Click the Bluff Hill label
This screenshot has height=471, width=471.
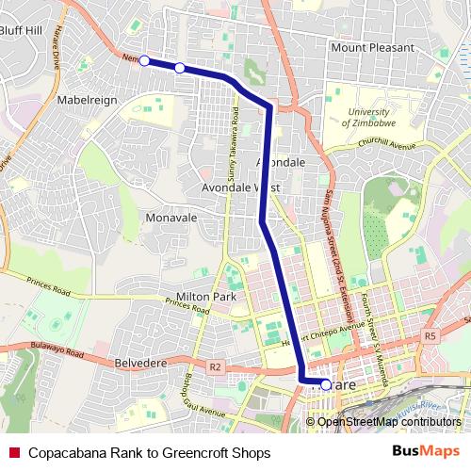pos(22,30)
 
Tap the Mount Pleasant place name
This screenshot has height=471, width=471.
pos(372,47)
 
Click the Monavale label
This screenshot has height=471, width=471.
pos(171,217)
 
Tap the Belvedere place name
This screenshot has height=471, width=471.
pos(140,361)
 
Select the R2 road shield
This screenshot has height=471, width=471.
pos(215,365)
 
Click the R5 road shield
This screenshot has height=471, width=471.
pos(430,335)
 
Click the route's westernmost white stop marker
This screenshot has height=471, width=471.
pos(144,60)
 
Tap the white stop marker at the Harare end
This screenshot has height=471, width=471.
pos(326,384)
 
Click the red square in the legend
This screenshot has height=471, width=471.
pos(15,451)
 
